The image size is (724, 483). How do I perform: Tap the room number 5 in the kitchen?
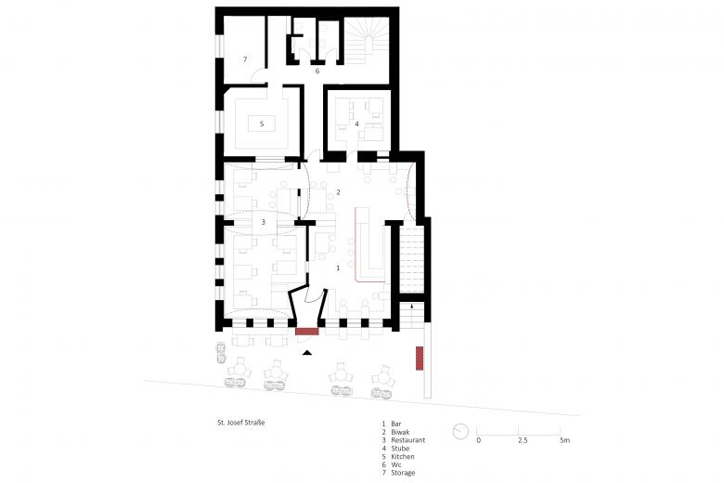(263, 123)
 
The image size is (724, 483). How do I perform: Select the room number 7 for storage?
(245, 59)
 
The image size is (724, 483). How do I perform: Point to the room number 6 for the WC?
(317, 71)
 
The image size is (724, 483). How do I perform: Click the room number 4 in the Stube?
(356, 123)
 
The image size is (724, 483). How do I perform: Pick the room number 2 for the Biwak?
(339, 192)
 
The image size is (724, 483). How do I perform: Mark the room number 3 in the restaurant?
(264, 222)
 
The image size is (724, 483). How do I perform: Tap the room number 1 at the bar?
(337, 268)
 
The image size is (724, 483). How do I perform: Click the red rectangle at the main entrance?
(307, 330)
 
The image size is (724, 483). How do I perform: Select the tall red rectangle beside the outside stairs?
(420, 358)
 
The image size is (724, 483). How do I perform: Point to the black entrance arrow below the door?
(308, 352)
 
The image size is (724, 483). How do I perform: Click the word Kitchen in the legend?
(403, 458)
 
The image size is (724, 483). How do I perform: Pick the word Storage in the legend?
(404, 473)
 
